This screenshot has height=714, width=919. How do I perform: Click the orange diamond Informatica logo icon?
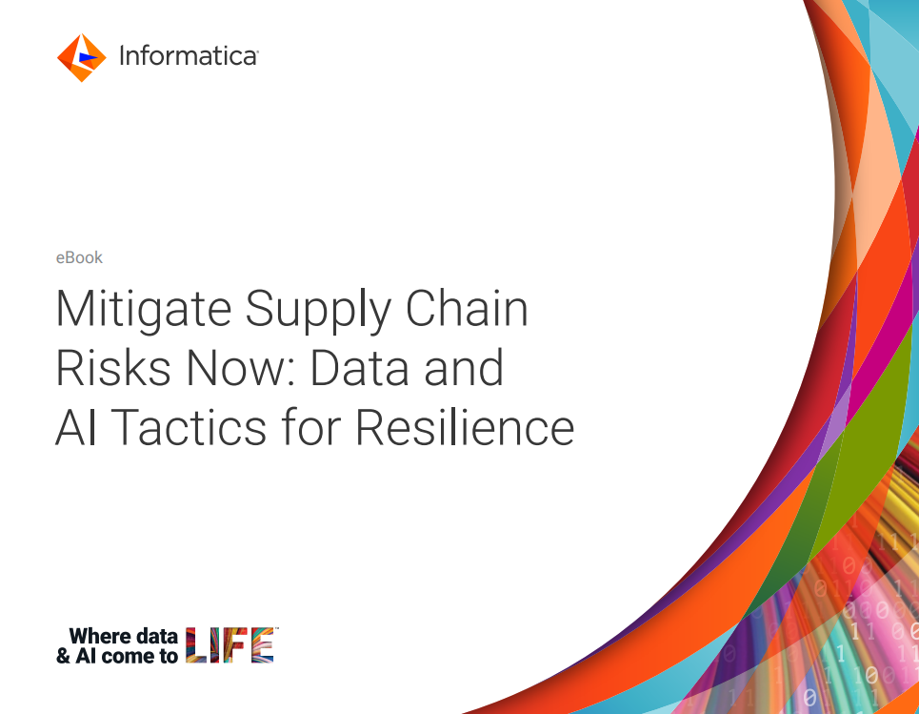point(81,57)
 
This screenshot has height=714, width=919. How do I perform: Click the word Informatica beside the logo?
point(188,56)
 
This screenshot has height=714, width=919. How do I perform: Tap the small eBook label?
point(79,257)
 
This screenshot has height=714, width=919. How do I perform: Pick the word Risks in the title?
point(103,369)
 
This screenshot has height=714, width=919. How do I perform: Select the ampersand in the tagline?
point(64,656)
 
